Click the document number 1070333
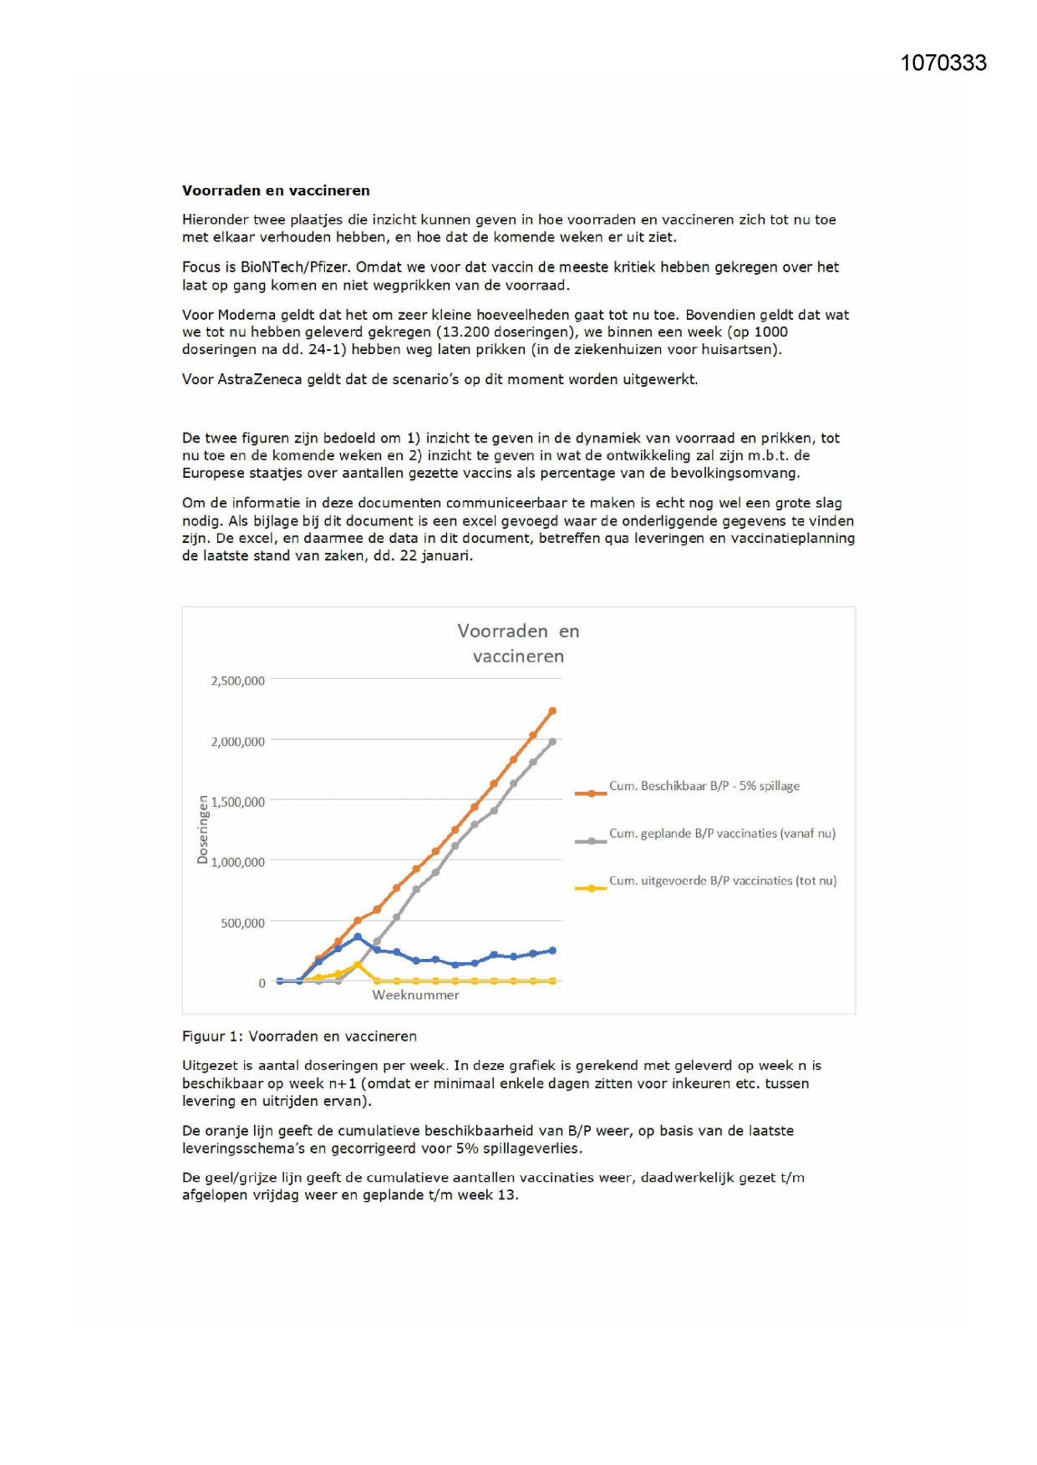click(943, 63)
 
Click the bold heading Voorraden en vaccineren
click(276, 190)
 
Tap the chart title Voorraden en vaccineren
click(518, 643)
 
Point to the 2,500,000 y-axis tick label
click(237, 681)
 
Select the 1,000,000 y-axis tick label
click(237, 862)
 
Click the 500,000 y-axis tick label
click(242, 923)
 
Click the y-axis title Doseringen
click(202, 829)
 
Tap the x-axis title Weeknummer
click(415, 995)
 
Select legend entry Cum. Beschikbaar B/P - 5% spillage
click(704, 786)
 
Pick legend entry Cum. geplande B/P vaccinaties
click(721, 834)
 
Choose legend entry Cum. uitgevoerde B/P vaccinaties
click(722, 880)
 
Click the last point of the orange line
click(552, 711)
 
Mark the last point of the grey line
click(552, 741)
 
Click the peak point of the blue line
click(358, 937)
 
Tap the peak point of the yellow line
click(358, 965)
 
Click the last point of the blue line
click(552, 950)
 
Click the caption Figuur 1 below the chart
click(299, 1037)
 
